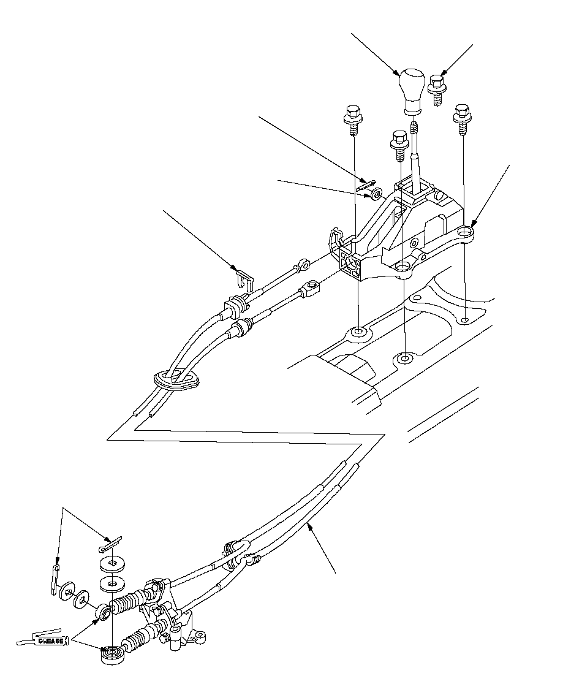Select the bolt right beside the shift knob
click(437, 88)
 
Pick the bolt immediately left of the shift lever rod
click(399, 142)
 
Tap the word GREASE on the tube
click(51, 640)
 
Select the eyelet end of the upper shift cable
click(301, 267)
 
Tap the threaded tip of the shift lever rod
click(415, 127)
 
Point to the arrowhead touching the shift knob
click(398, 72)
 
